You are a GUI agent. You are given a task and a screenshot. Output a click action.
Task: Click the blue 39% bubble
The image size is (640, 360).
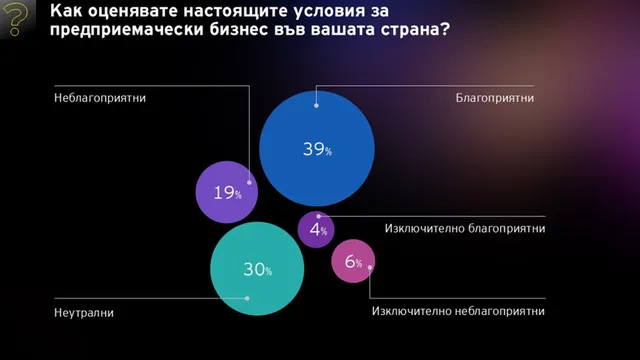tap(317, 149)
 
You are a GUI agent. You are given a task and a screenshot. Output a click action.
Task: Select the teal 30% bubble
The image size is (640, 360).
tap(257, 269)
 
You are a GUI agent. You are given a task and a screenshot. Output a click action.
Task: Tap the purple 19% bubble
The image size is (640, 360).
tap(227, 192)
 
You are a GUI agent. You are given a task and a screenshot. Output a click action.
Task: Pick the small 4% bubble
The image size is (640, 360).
tap(316, 229)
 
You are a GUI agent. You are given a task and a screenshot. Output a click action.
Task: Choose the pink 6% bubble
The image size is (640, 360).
tap(353, 261)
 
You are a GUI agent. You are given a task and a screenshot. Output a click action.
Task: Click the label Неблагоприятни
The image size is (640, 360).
tap(100, 98)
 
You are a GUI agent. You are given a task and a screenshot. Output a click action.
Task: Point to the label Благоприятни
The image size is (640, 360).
tap(495, 98)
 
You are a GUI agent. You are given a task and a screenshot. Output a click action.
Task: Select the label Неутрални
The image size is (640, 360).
tap(84, 313)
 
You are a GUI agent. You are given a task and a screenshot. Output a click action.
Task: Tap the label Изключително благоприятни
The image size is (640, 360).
tap(465, 228)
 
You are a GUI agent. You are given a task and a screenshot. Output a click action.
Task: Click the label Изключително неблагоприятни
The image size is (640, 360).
tap(458, 311)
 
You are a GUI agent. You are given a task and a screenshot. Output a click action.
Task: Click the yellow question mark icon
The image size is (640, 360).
tap(16, 18)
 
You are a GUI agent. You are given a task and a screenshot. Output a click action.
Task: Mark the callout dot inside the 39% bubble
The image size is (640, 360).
tap(316, 105)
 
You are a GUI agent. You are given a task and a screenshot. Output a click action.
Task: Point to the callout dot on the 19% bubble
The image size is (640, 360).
tap(249, 182)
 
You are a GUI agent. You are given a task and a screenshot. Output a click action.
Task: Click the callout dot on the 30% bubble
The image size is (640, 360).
tap(247, 298)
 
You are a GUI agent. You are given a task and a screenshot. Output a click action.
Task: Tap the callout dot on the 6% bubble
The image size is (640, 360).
tap(370, 268)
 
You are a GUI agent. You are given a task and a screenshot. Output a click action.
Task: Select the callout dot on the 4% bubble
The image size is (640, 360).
tap(319, 216)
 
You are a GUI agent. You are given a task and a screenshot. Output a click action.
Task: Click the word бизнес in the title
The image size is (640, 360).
tap(238, 30)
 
